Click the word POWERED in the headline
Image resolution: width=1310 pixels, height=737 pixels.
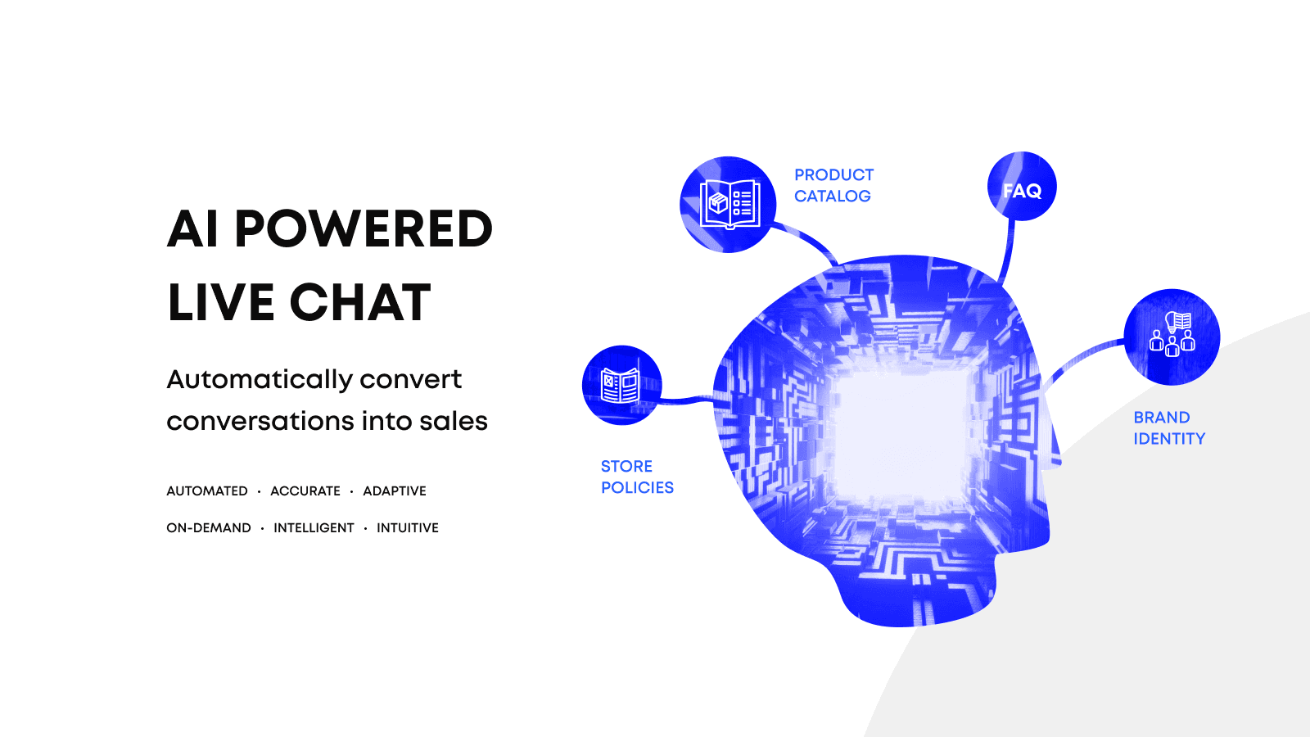click(364, 228)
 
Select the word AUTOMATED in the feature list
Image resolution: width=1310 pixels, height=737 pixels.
click(207, 491)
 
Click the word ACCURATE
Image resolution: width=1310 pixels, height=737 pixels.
click(305, 491)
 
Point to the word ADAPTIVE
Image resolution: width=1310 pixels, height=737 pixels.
click(395, 491)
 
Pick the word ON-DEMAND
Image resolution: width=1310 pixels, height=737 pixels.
click(209, 528)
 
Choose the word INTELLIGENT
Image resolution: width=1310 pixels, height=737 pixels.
click(314, 528)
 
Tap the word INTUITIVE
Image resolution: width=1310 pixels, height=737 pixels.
click(408, 528)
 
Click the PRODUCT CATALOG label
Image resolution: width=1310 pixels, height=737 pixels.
click(833, 186)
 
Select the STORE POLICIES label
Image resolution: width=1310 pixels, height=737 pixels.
click(637, 477)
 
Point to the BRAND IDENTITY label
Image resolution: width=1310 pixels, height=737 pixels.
click(1169, 428)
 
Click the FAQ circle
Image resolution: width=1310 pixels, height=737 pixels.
click(1022, 187)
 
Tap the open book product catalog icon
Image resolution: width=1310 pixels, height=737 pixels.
click(729, 204)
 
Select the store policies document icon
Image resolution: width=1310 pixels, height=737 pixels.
click(621, 385)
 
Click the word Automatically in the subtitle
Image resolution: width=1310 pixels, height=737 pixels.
click(259, 379)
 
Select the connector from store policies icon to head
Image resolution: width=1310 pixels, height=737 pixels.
click(688, 400)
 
